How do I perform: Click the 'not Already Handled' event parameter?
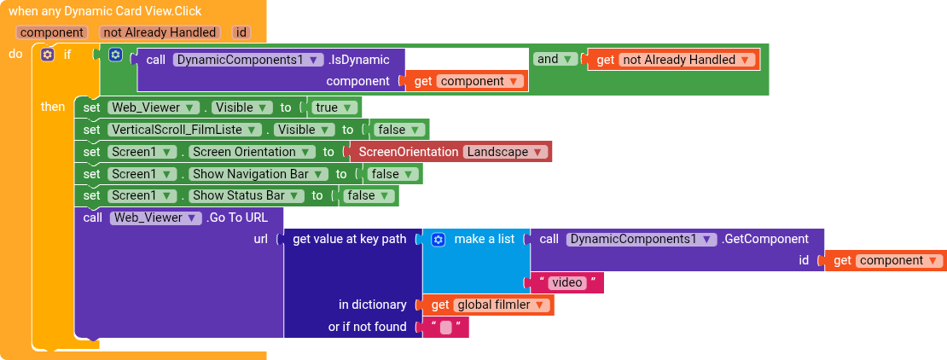point(160,32)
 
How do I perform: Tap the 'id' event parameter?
point(241,32)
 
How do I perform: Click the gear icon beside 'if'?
point(48,55)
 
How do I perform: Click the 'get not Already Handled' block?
point(673,60)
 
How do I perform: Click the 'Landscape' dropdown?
point(506,152)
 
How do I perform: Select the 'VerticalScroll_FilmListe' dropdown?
point(185,130)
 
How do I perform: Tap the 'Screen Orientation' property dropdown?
point(251,152)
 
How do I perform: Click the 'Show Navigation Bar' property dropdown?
point(258,174)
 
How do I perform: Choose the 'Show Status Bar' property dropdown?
point(246,195)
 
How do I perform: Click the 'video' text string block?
point(567,282)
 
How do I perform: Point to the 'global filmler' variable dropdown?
point(502,305)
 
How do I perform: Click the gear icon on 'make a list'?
point(439,240)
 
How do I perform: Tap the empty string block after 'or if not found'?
point(445,328)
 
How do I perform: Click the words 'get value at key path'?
point(350,239)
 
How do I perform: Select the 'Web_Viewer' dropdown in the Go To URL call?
point(155,218)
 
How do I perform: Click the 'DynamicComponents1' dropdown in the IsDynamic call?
point(247,60)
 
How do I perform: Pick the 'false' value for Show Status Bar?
point(369,195)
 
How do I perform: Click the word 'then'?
point(53,107)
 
